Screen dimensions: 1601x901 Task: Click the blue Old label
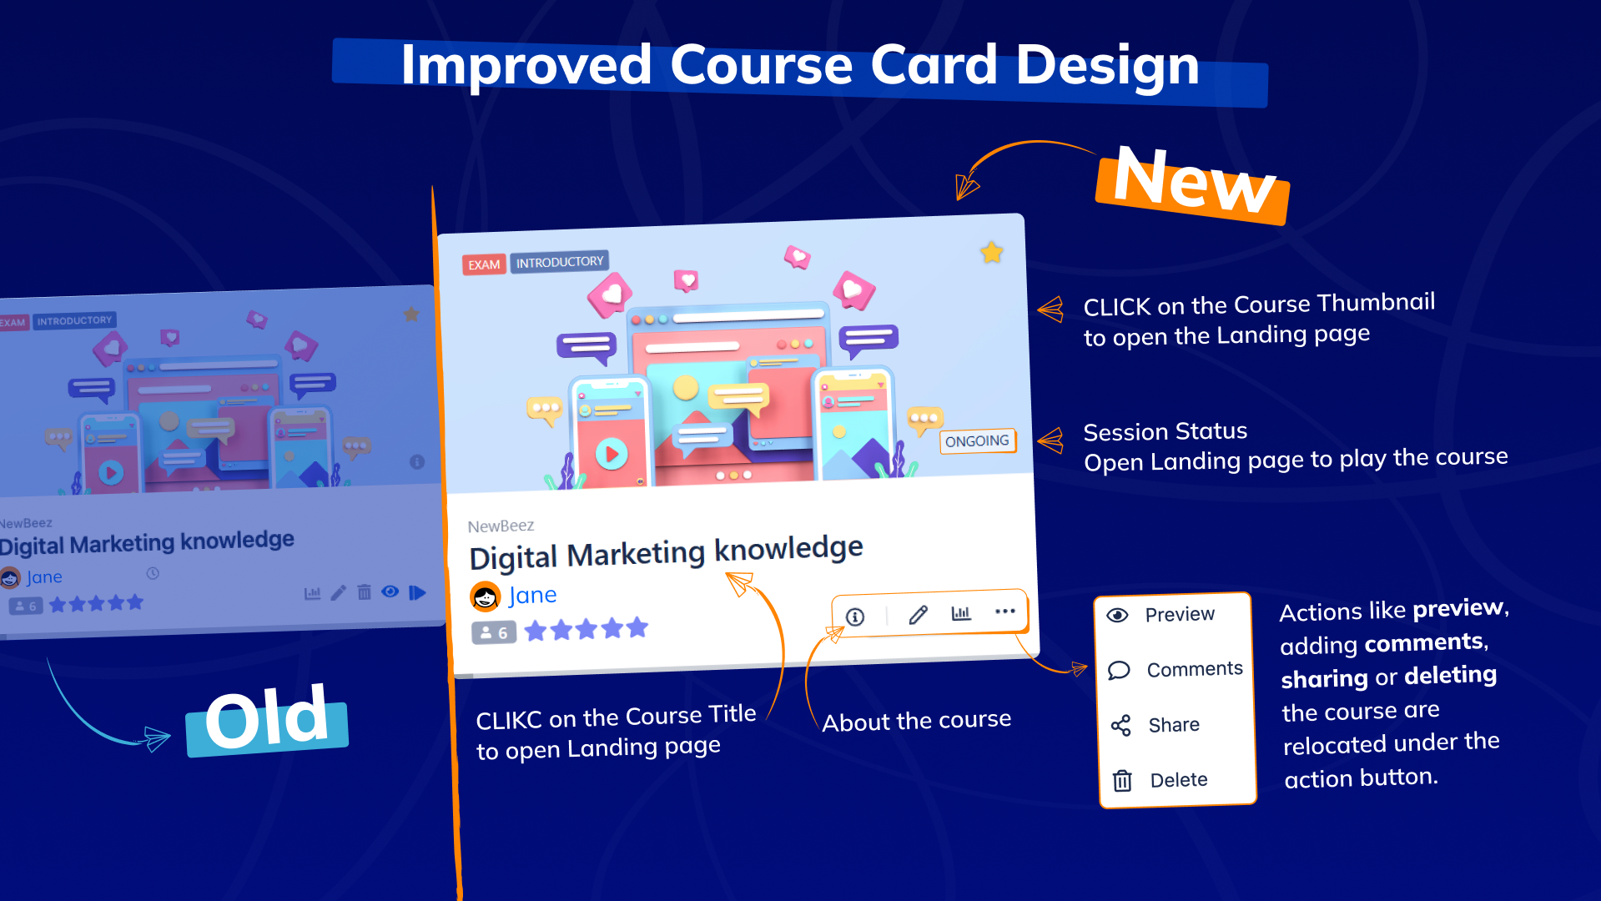pyautogui.click(x=267, y=720)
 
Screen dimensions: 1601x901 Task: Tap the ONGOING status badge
pyautogui.click(x=978, y=440)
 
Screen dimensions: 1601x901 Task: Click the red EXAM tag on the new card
pyautogui.click(x=484, y=264)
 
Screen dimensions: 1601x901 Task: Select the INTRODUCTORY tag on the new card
pyautogui.click(x=560, y=262)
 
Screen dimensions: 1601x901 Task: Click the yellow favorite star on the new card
pyautogui.click(x=991, y=252)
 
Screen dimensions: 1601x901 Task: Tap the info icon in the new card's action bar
pyautogui.click(x=855, y=617)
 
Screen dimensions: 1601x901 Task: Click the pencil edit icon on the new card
pyautogui.click(x=918, y=615)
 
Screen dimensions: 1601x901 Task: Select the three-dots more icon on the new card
pyautogui.click(x=1005, y=612)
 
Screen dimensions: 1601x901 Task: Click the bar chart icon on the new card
pyautogui.click(x=961, y=613)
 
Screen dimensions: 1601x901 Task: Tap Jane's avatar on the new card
pyautogui.click(x=486, y=596)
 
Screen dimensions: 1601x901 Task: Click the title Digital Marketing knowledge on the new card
pyautogui.click(x=666, y=552)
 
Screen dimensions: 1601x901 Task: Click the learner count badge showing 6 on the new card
pyautogui.click(x=494, y=633)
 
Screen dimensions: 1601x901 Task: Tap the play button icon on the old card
pyautogui.click(x=417, y=592)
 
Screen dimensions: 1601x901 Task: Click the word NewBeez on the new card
pyautogui.click(x=501, y=526)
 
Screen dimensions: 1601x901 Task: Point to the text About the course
pyautogui.click(x=916, y=721)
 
